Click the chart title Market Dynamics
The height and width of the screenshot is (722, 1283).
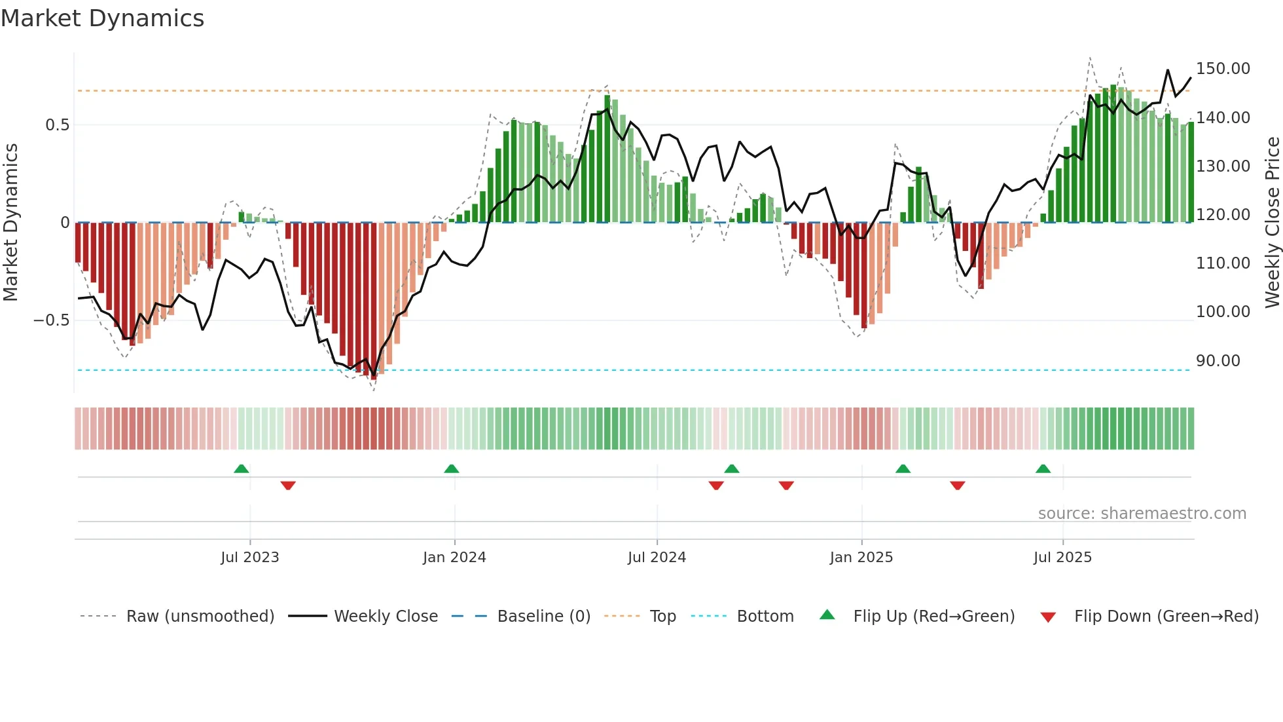click(102, 18)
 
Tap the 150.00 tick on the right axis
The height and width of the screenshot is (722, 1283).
click(1223, 69)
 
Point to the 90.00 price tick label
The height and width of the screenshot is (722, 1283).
click(1218, 361)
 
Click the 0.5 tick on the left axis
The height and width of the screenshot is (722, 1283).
click(57, 125)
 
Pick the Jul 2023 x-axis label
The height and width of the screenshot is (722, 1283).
click(249, 558)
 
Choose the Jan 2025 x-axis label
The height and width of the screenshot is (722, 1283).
click(861, 558)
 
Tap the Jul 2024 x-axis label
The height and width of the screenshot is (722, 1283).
click(657, 558)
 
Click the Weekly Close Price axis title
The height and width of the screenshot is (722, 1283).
click(1272, 222)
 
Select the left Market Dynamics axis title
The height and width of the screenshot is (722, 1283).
click(10, 222)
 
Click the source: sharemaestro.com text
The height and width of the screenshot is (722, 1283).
click(1142, 514)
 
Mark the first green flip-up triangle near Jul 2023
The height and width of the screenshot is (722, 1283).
click(241, 469)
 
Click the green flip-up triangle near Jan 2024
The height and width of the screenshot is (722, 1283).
click(451, 469)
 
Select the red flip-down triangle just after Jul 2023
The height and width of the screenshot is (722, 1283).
click(288, 485)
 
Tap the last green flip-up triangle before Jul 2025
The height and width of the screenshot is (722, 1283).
click(1043, 469)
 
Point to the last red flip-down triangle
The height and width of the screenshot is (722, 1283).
click(957, 485)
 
